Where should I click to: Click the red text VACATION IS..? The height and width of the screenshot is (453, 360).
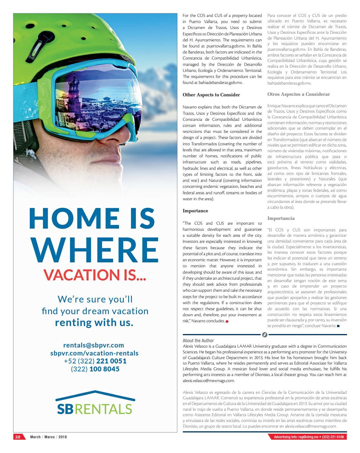[x=95, y=275]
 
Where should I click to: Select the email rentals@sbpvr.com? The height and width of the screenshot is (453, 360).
[x=94, y=345]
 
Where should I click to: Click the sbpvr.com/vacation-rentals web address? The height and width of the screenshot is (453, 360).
[x=94, y=353]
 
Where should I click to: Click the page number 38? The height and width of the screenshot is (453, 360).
[x=18, y=437]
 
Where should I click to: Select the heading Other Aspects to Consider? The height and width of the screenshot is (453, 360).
[x=211, y=95]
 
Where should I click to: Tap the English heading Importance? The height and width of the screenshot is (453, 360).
[x=195, y=211]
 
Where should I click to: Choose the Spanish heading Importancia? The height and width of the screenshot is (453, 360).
[x=281, y=218]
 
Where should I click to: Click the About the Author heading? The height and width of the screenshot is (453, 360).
[x=198, y=340]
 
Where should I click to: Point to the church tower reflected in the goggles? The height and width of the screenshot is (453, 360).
[x=75, y=88]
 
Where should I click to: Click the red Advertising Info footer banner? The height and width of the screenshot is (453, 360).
[x=307, y=437]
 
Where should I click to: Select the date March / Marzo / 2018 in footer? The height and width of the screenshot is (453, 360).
[x=48, y=437]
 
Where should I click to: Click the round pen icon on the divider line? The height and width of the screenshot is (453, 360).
[x=265, y=335]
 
